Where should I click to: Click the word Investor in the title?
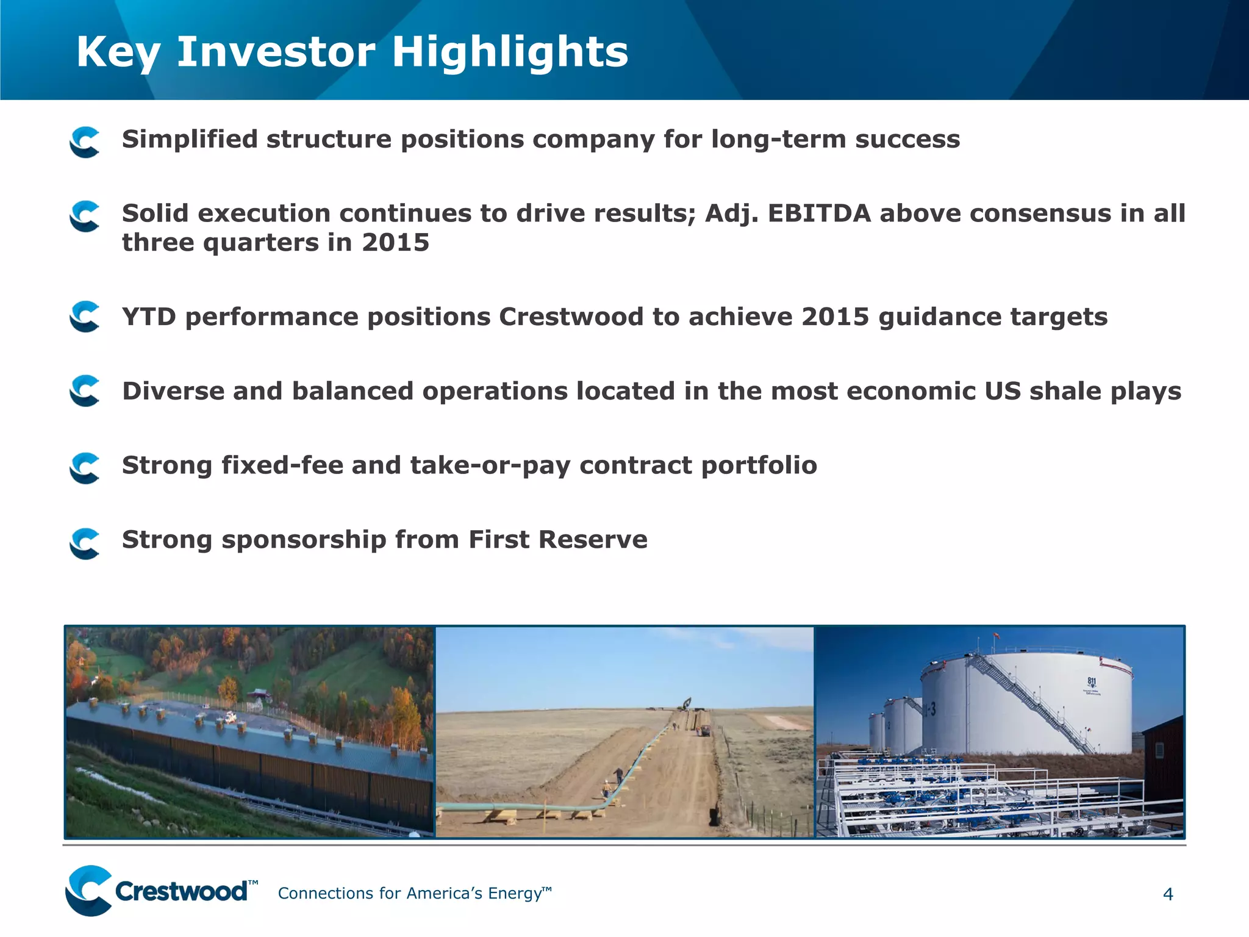[x=276, y=51]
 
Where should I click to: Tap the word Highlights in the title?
[x=509, y=51]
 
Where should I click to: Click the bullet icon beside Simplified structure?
[x=85, y=142]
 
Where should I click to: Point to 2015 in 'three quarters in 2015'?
[x=395, y=243]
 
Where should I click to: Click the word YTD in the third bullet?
[x=149, y=317]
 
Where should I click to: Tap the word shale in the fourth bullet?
[x=1065, y=392]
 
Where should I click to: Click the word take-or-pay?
[x=490, y=465]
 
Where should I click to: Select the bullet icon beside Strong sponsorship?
[x=85, y=543]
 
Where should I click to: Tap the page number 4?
[x=1167, y=894]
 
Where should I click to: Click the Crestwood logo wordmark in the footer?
[x=181, y=892]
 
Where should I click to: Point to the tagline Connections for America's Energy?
[x=413, y=894]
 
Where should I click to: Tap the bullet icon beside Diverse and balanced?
[x=85, y=390]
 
